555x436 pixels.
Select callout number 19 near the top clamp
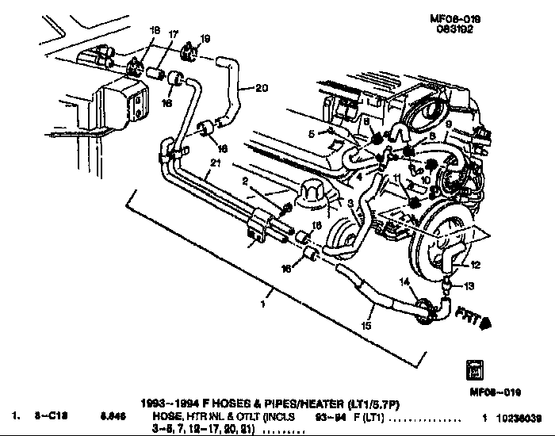point(205,38)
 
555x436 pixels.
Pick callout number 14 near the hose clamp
point(404,282)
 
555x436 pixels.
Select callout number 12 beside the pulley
point(476,265)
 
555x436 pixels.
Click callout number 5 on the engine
point(312,132)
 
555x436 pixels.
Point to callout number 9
point(447,124)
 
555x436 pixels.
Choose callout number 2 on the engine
point(247,182)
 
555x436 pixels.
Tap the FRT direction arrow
point(480,320)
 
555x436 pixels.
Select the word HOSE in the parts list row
point(163,415)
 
